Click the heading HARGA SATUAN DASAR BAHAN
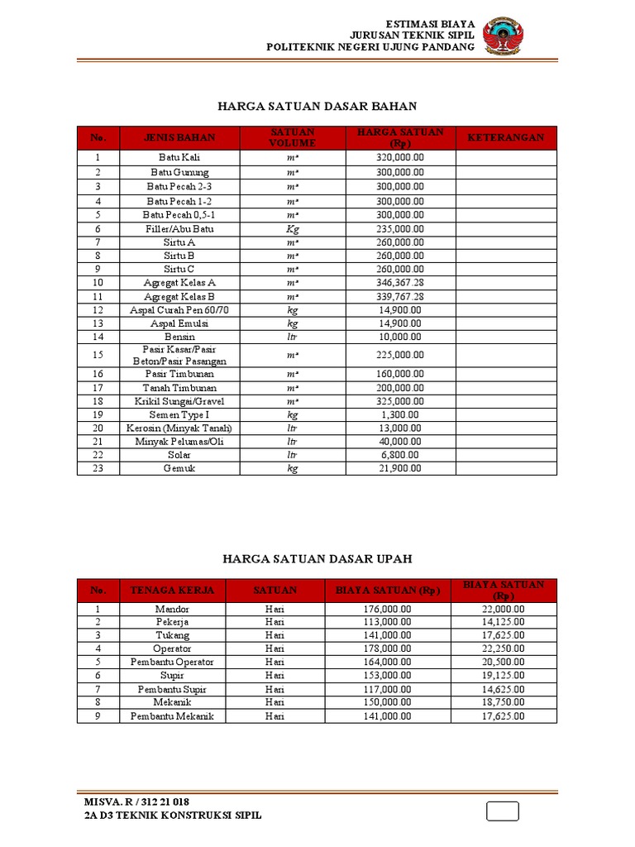[x=317, y=107]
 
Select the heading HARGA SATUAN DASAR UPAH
[x=317, y=560]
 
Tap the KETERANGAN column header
[x=506, y=137]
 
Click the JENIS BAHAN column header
[x=179, y=137]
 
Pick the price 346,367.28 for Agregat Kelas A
[x=400, y=283]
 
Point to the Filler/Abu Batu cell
[x=179, y=228]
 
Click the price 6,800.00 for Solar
[x=400, y=455]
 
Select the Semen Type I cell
[x=179, y=414]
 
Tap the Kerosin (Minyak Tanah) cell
[x=179, y=428]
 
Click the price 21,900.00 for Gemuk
[x=400, y=468]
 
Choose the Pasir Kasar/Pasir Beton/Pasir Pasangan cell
[x=179, y=356]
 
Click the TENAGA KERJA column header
[x=173, y=591]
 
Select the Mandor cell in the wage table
[x=173, y=609]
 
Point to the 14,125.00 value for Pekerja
[x=504, y=622]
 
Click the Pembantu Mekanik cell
[x=173, y=716]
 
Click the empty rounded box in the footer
[x=503, y=811]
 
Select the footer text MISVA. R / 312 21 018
[x=137, y=802]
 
